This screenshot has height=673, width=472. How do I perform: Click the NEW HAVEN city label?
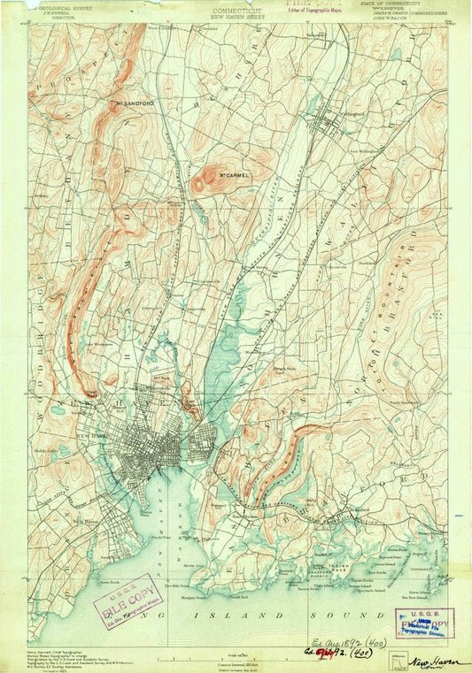click(92, 440)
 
